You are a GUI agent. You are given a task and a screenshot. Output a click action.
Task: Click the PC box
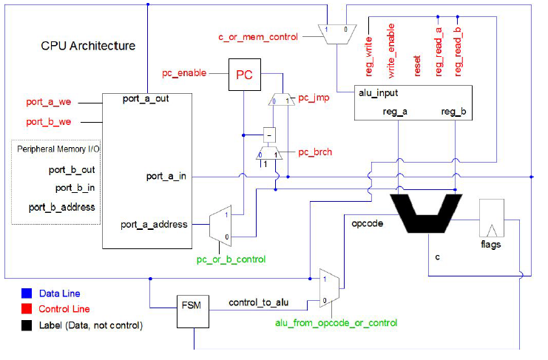coord(245,75)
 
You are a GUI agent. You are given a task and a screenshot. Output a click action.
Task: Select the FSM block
coord(193,311)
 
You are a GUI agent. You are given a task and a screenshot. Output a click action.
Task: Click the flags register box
coord(491,218)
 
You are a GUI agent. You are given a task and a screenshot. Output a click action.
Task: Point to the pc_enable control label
coord(184,73)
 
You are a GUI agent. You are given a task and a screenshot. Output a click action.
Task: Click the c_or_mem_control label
coord(258,37)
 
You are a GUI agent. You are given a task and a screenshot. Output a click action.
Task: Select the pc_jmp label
coord(314,98)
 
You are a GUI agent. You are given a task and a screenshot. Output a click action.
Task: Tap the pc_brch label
coord(315,152)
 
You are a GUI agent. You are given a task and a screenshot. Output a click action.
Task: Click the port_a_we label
coord(49,102)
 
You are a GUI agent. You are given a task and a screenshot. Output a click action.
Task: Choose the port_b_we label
coord(49,122)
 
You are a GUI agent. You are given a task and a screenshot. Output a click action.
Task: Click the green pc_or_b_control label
coord(231,259)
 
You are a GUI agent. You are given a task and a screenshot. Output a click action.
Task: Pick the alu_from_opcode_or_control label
coord(336,323)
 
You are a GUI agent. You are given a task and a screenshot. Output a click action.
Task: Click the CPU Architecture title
coord(88,46)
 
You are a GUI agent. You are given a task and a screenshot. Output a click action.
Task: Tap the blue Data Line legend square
coord(27,293)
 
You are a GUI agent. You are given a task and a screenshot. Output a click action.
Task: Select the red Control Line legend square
coord(27,309)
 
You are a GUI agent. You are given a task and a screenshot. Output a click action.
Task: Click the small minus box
coord(269,135)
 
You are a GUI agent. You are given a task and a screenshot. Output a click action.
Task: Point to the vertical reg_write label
coord(369,57)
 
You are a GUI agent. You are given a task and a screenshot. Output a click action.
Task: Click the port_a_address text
coord(154,225)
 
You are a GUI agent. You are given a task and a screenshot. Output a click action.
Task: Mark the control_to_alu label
coord(259,302)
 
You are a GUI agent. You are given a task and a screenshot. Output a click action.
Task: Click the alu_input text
coord(378,93)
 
